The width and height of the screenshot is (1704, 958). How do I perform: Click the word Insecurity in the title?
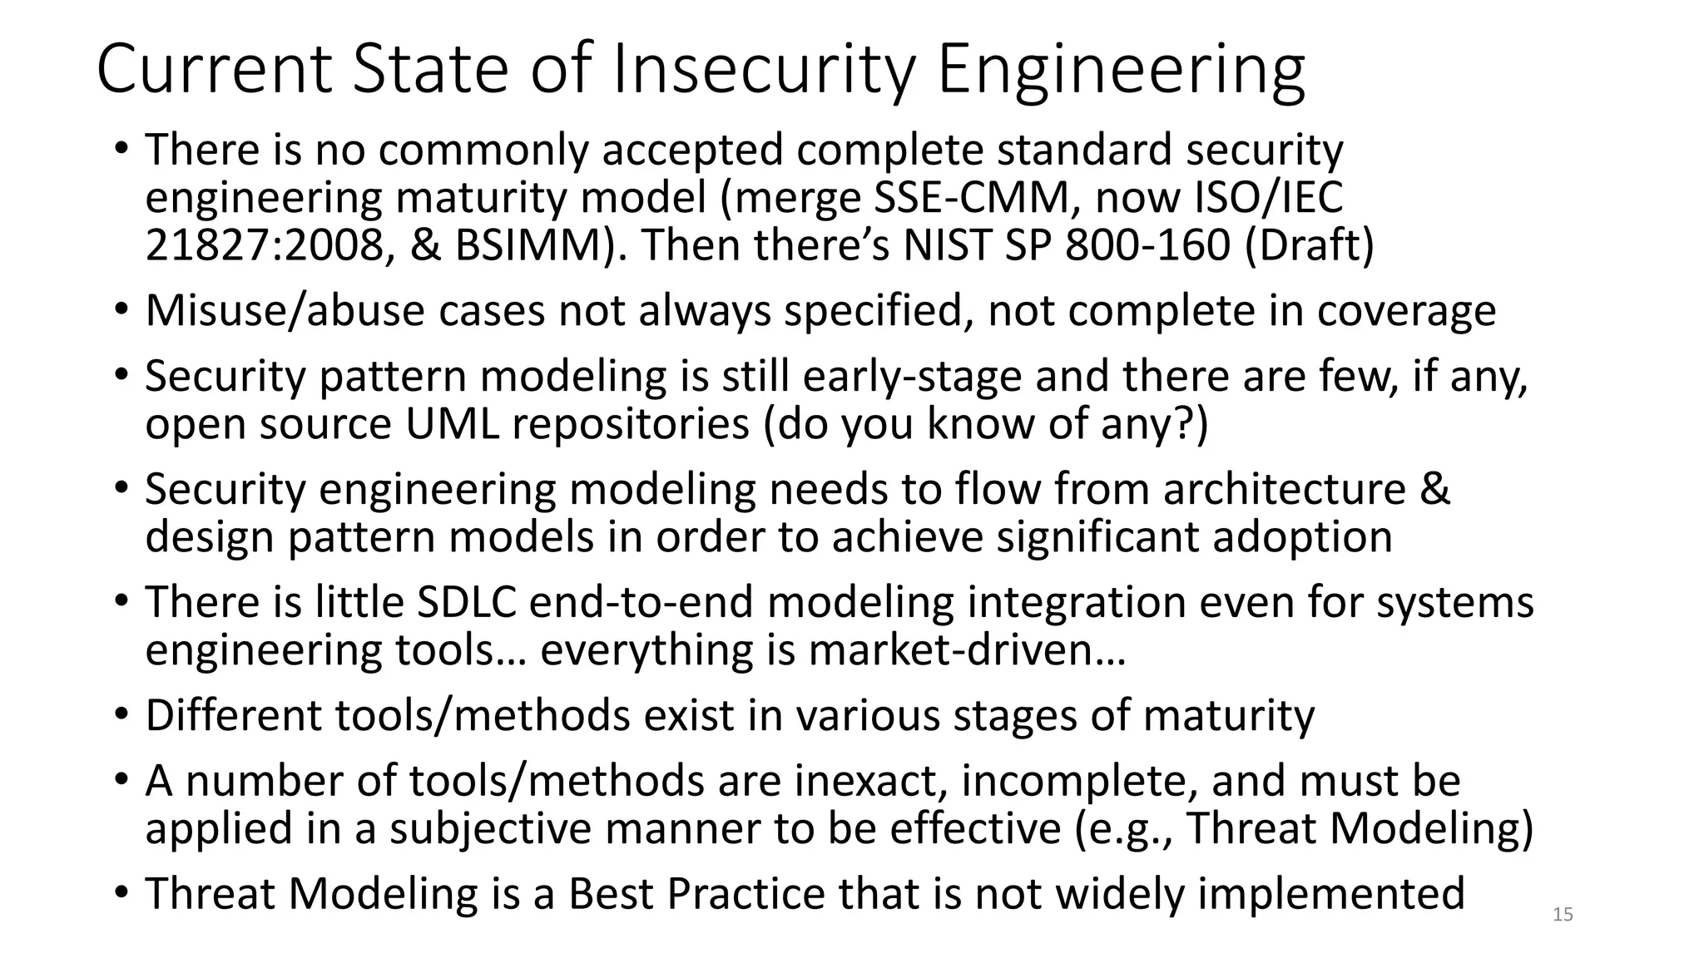coord(764,70)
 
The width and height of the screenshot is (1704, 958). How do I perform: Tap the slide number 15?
coord(1563,915)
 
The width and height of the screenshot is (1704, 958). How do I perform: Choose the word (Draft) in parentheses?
coord(1309,246)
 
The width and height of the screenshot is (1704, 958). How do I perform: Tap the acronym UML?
coord(453,424)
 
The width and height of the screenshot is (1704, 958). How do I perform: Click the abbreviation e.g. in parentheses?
coord(1125,830)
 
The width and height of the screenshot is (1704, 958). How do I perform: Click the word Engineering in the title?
coord(1121,70)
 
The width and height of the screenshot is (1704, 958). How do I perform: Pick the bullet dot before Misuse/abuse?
coord(121,311)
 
